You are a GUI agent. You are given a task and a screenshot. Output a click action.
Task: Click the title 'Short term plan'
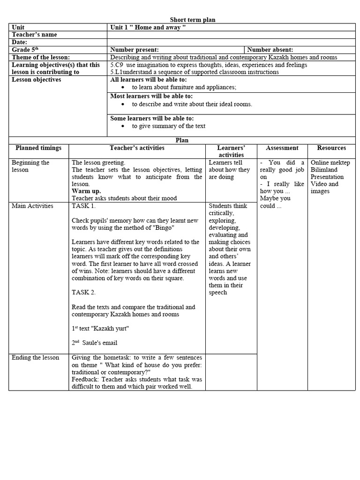coord(192,20)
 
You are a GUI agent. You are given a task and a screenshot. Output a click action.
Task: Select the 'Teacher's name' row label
coord(34,35)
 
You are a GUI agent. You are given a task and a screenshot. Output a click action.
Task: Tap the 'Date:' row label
coord(20,42)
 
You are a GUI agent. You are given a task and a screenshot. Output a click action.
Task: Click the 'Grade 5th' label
coord(26,50)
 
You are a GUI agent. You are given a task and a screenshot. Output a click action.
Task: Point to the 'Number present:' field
coord(135,50)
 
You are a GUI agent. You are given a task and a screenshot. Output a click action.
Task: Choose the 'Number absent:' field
coord(270,50)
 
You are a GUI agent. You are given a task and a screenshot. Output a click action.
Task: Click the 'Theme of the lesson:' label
coord(41,57)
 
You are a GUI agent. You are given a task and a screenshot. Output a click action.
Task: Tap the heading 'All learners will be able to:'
coord(148,80)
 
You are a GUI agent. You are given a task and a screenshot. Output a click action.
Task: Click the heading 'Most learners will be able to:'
coord(151,96)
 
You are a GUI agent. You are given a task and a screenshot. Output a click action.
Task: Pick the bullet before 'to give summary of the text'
coord(123,127)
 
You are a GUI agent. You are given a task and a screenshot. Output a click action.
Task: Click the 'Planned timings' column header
coord(38,148)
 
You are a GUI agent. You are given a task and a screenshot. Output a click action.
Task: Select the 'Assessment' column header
coord(282,148)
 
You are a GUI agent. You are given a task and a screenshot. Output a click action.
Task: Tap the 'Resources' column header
coord(331,148)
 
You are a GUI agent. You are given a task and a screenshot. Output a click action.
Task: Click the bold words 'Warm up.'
coord(86,191)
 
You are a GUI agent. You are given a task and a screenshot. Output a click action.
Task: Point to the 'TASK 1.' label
coord(83,206)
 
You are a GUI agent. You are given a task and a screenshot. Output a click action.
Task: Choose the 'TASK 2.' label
coord(83,292)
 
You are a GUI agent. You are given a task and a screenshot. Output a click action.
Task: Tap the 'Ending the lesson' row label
coord(35,358)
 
